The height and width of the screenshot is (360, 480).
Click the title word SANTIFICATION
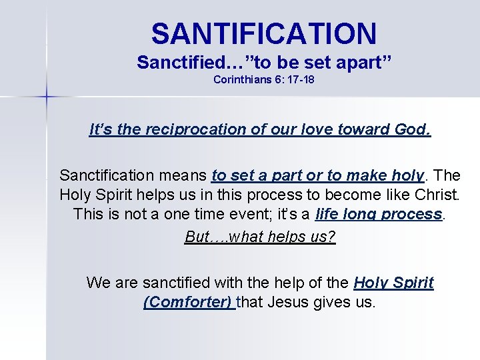[263, 33]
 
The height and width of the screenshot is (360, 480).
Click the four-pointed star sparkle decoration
[47, 98]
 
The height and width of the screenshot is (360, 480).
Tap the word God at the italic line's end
[414, 129]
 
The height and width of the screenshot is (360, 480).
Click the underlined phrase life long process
[379, 215]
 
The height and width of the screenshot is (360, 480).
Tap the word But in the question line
[197, 237]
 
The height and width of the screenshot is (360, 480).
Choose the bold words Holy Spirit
[393, 283]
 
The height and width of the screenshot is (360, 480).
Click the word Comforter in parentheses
[188, 302]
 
